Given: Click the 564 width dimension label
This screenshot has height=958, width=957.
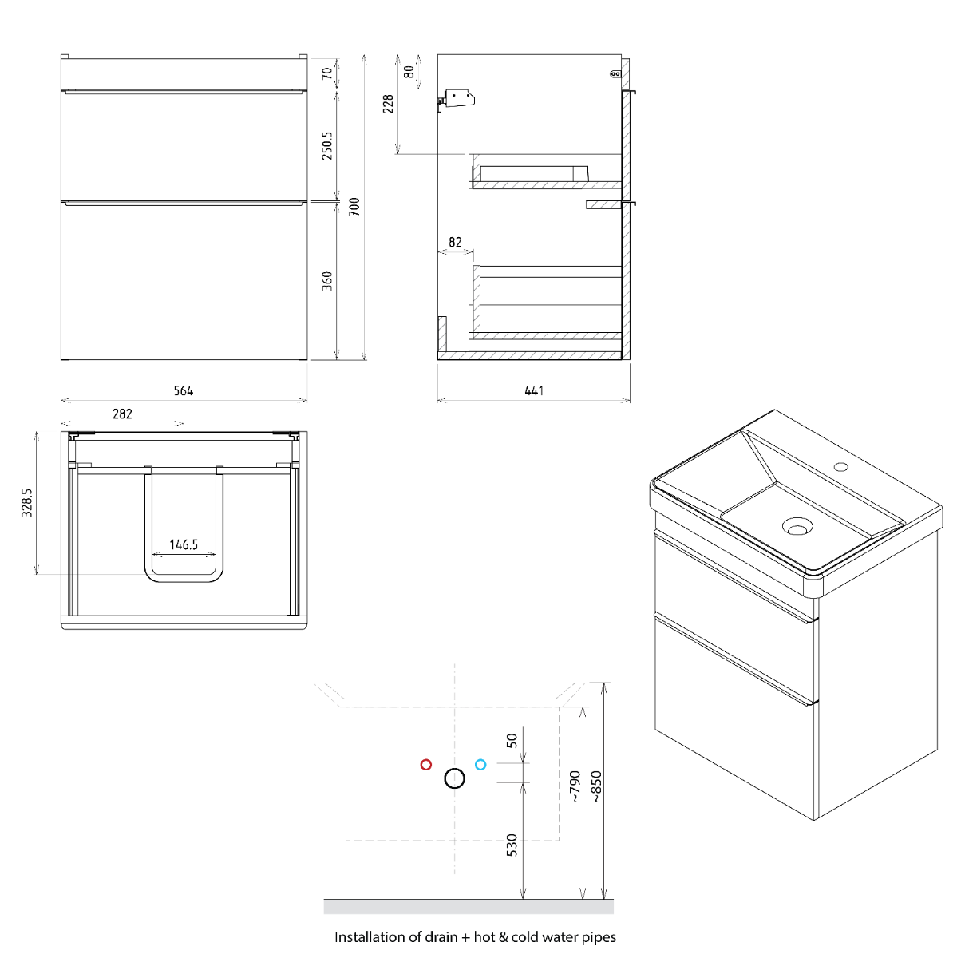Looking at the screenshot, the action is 183,390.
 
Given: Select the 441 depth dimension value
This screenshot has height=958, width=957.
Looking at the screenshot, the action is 534,390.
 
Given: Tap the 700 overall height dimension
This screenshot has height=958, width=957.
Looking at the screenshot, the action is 354,206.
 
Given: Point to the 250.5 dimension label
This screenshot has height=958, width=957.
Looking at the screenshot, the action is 326,145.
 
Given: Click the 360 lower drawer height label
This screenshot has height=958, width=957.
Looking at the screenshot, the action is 326,281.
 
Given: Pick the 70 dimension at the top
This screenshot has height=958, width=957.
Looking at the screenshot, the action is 326,73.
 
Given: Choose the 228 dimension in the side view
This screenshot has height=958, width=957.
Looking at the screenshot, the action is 388,104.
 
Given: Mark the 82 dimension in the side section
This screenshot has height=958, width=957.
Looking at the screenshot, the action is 455,242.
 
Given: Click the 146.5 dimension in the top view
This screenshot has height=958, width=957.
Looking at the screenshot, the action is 184,545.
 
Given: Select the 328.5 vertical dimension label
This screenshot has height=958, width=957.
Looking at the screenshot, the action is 27,503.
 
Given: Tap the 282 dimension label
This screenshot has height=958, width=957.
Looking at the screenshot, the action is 122,414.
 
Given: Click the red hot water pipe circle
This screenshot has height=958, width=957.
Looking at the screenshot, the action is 425,765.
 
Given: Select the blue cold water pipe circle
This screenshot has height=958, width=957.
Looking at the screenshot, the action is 480,765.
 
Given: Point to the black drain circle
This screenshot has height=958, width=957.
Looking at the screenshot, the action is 454,778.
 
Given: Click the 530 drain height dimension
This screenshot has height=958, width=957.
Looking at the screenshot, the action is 512,845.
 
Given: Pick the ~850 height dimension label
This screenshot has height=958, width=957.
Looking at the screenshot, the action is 596,786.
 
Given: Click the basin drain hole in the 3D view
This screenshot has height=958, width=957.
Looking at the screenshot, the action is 797,525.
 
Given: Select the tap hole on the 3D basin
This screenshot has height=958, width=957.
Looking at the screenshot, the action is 841,466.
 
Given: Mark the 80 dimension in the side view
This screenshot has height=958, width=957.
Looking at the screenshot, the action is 409,72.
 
